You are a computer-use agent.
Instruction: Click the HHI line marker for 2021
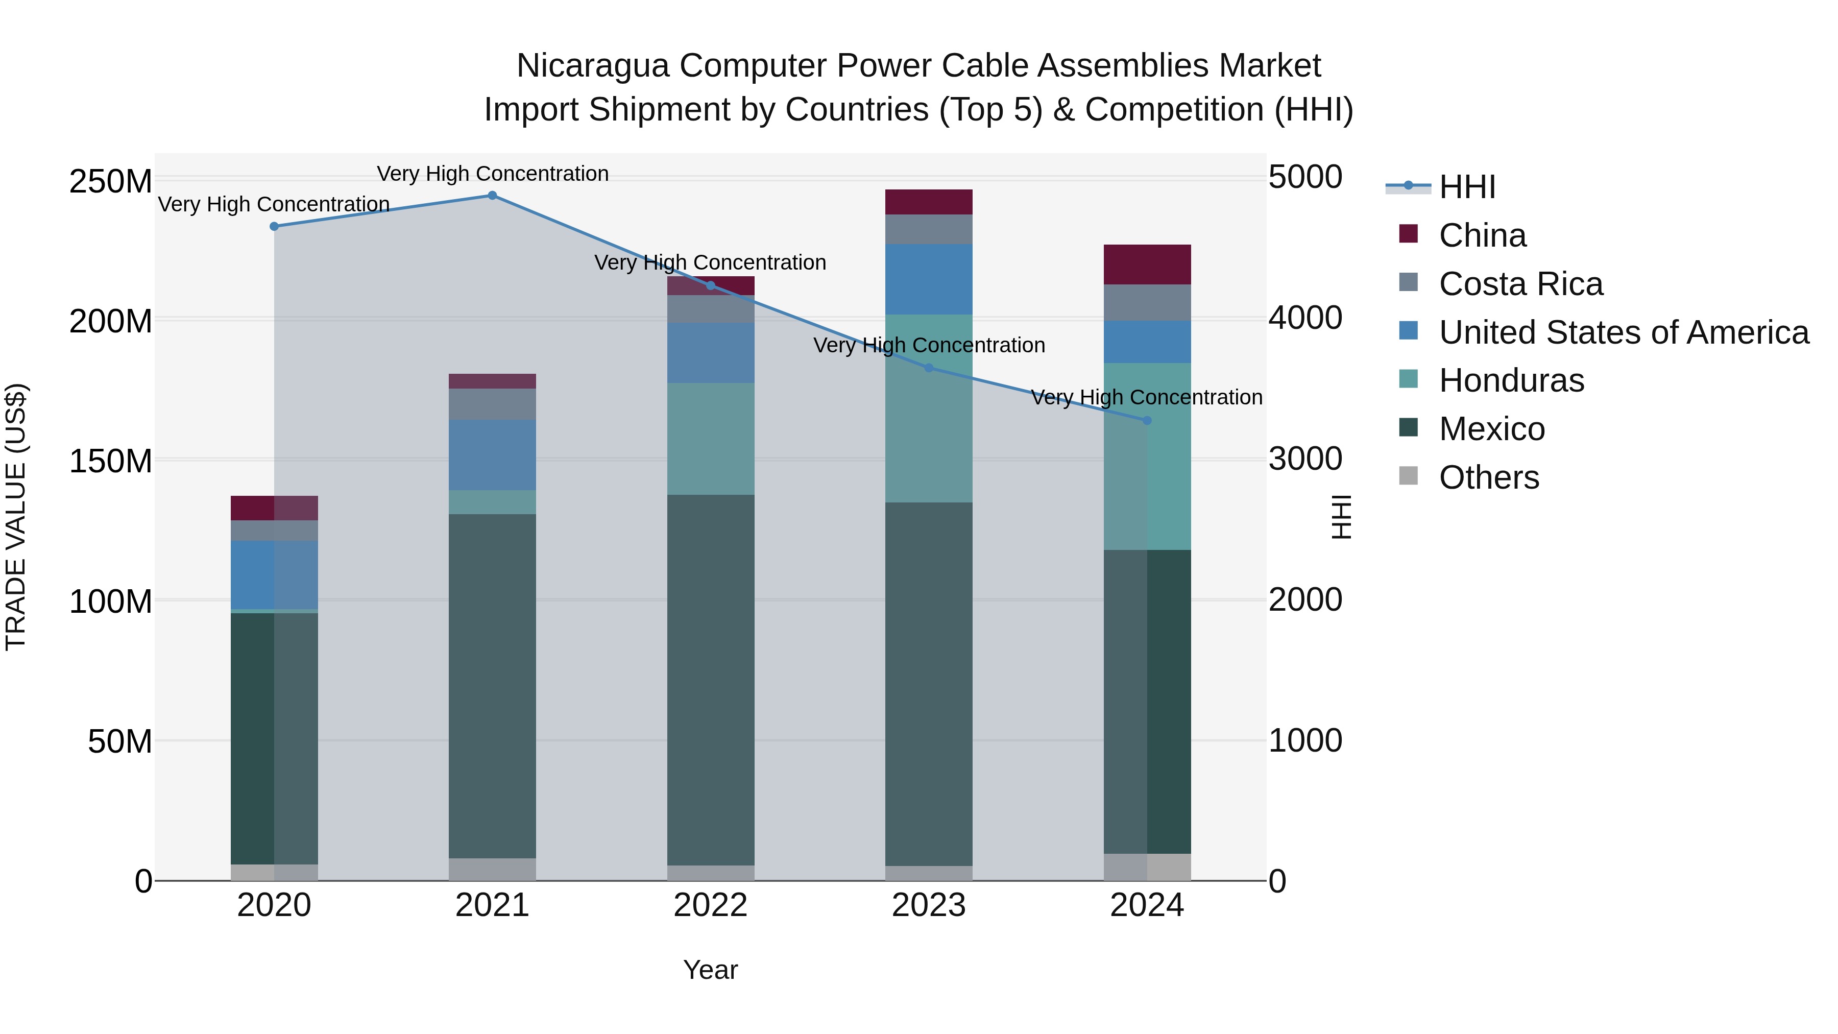492,196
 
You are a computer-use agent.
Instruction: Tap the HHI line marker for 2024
1147,420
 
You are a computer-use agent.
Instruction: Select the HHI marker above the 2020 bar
274,226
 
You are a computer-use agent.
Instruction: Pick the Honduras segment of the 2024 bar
1147,456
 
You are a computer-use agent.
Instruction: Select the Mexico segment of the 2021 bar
492,685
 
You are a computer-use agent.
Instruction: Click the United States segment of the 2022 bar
710,352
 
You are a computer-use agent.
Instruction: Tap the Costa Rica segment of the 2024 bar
1147,303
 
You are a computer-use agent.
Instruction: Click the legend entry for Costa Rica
1520,284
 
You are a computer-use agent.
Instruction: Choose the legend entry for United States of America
1623,332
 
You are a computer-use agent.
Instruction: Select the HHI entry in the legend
1466,187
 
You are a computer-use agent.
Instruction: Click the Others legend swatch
1409,476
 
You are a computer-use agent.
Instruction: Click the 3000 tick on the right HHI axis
1305,459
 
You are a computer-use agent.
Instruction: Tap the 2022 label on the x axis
710,905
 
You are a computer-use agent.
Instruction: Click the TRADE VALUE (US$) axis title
16,517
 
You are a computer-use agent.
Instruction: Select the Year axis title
710,970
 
